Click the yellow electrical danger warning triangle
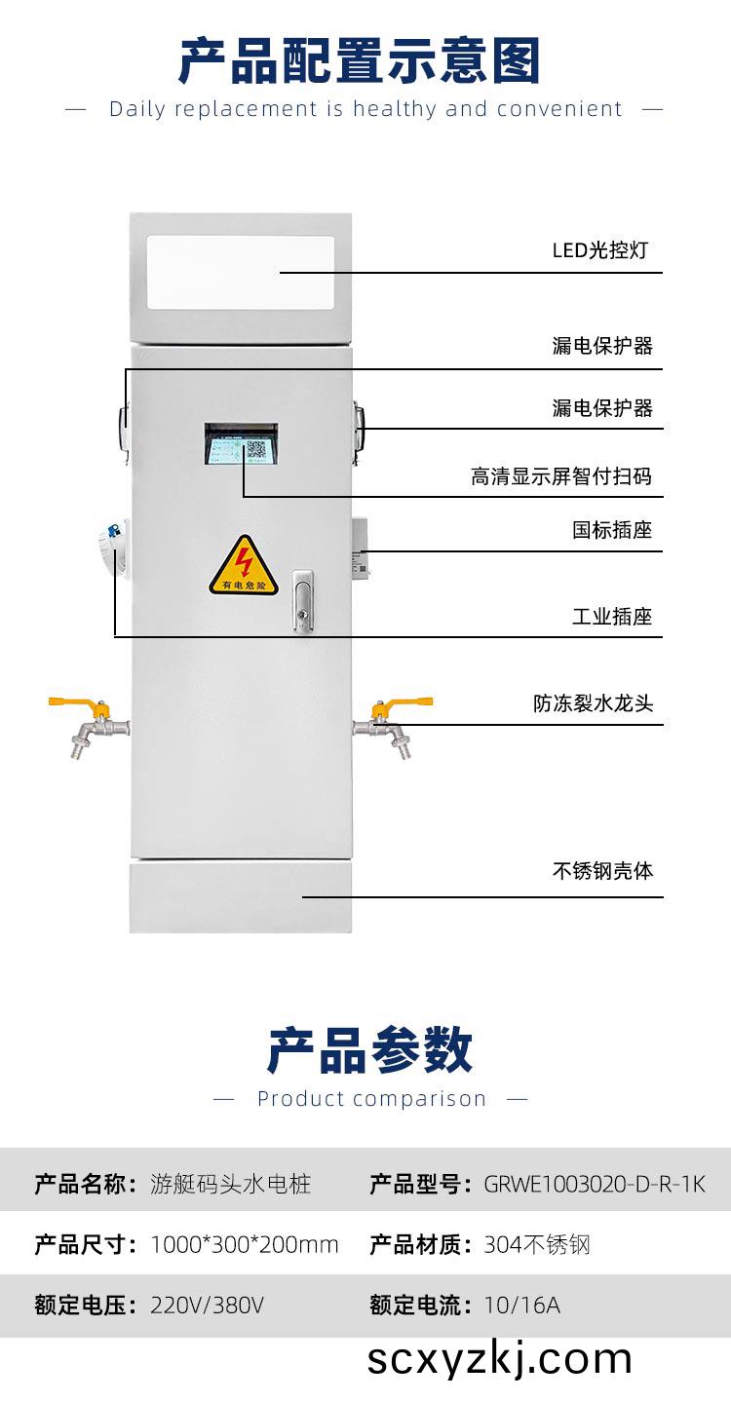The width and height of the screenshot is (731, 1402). tap(244, 567)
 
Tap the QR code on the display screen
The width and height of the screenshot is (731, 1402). tap(256, 450)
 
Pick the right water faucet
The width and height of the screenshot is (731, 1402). tap(396, 722)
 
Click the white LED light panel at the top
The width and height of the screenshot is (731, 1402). tap(241, 273)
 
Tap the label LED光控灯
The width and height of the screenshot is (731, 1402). tap(599, 250)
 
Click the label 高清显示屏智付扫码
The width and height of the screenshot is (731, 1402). tap(560, 476)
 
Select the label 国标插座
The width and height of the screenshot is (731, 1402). tap(611, 530)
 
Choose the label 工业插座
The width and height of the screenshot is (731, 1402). tap(611, 616)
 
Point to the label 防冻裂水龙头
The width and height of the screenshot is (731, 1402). tap(593, 702)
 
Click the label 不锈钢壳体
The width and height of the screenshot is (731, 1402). tap(602, 870)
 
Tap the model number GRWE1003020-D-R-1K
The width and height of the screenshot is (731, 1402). tap(594, 1185)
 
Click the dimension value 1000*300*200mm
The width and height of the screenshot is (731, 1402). tap(245, 1244)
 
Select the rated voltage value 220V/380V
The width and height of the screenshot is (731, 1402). tap(207, 1305)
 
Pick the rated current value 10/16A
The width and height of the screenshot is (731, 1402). tap(521, 1305)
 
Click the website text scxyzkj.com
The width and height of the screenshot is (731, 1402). tap(499, 1359)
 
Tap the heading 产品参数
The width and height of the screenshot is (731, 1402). tap(369, 1050)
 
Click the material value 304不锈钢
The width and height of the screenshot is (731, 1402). tap(536, 1244)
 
